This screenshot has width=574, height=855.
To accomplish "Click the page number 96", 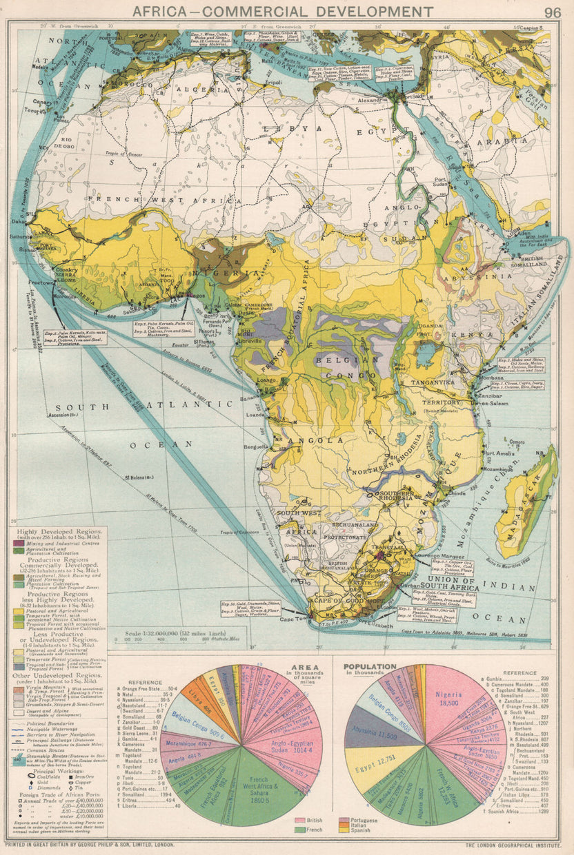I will tap(551, 12).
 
